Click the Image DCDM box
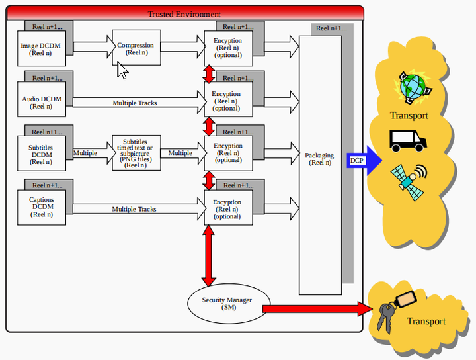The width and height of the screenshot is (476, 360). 42,48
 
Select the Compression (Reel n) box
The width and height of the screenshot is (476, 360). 136,48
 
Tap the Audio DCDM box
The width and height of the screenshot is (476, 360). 42,99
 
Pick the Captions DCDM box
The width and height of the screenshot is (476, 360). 42,208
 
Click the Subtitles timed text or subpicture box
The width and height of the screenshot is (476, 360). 136,153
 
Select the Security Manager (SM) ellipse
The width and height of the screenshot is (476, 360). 229,304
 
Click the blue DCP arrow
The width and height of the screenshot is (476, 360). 364,160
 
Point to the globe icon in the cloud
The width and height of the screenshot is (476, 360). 413,87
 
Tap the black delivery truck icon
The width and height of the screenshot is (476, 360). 408,141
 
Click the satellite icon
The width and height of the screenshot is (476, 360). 409,182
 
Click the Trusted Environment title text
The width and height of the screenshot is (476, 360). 184,14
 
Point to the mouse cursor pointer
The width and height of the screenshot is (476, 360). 122,70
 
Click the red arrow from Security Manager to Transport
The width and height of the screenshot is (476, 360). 317,309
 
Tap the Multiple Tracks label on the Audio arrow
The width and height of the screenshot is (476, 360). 135,103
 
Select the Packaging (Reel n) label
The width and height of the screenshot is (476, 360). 320,159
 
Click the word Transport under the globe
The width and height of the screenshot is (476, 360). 409,116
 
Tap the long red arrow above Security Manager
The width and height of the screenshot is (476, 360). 208,255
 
